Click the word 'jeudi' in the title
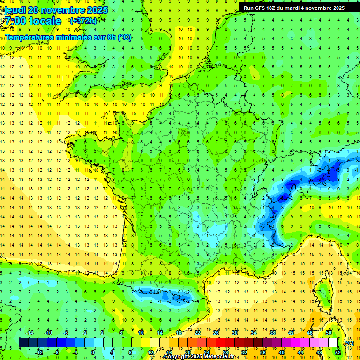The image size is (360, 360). coord(15,10)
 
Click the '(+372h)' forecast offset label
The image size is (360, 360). coord(83,21)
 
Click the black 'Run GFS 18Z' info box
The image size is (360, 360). coord(294,7)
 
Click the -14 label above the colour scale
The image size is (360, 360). coord(29,333)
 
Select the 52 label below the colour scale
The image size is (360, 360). coord(337,352)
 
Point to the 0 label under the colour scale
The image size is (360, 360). coord(93,352)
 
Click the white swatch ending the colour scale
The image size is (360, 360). coord(333,343)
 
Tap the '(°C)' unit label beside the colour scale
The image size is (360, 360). coord(349,343)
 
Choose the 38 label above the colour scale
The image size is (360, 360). coord(272,333)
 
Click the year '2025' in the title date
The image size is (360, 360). coord(97,10)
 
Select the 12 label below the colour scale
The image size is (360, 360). coord(150,352)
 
